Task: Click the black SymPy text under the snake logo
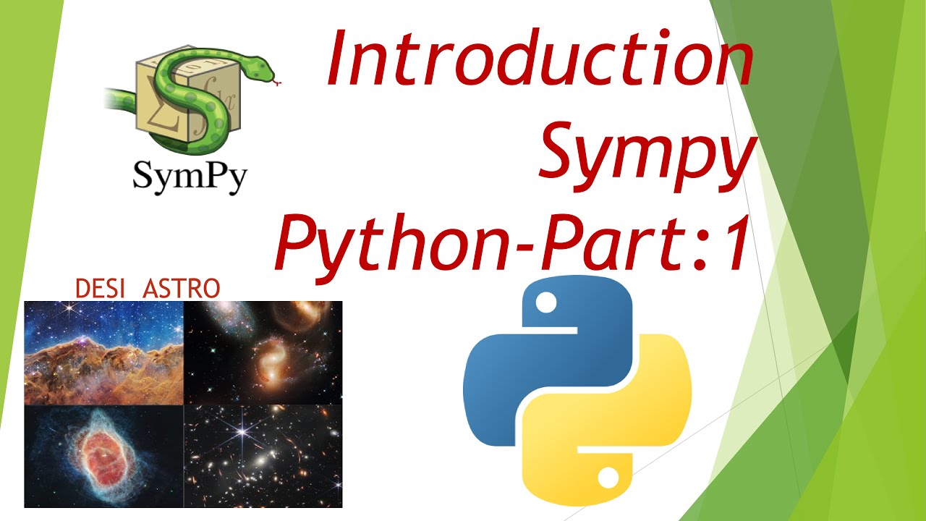click(190, 175)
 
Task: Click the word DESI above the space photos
click(101, 289)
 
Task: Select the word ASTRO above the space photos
click(182, 289)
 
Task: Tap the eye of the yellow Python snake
click(608, 477)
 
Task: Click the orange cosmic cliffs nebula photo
click(103, 353)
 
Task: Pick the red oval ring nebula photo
click(103, 457)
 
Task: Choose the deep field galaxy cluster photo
click(263, 457)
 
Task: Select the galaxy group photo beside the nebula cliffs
click(263, 353)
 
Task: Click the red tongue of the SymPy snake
click(278, 84)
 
